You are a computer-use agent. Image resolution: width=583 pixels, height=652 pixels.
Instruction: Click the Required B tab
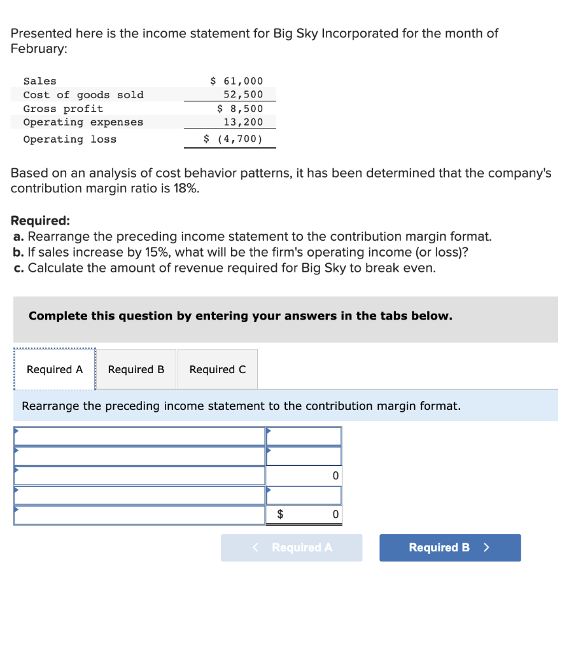[x=136, y=369]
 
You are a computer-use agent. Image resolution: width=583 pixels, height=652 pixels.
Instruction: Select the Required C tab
[x=218, y=369]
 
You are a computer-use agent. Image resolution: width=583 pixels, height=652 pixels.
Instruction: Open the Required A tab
[x=55, y=369]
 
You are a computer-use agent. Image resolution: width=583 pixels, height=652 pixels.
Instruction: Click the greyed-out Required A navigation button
[x=291, y=548]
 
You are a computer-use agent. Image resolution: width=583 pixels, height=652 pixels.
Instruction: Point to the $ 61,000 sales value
[x=236, y=81]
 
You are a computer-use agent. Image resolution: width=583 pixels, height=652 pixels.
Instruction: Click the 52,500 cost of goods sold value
[x=243, y=95]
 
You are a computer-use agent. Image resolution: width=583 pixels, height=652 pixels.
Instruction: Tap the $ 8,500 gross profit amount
[x=240, y=109]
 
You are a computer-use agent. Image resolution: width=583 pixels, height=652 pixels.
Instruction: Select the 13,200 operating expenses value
[x=243, y=122]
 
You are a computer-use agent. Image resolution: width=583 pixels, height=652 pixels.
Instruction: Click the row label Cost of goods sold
[x=83, y=95]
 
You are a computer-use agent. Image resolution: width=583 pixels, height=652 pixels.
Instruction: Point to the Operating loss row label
[x=70, y=139]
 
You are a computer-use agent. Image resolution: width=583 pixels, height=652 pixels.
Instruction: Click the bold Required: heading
[x=40, y=221]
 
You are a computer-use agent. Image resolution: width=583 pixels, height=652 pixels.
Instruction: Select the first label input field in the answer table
[x=139, y=436]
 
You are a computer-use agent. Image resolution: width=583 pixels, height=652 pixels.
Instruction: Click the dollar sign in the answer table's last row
[x=279, y=514]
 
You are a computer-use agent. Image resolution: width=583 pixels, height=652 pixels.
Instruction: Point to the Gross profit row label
[x=63, y=109]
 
